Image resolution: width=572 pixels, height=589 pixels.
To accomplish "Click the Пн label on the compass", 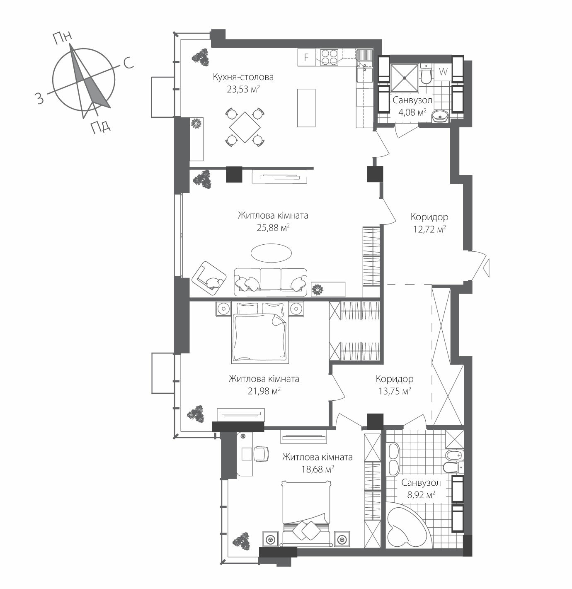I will coord(62,38).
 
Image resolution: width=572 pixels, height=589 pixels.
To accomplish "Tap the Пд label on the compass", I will coord(100,125).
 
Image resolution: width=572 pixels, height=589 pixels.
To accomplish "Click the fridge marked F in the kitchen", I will coord(306,57).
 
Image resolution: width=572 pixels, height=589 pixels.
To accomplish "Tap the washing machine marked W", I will coord(443,71).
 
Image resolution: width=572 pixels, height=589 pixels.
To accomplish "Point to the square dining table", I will coord(245,127).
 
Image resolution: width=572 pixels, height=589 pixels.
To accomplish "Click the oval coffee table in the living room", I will coord(271,252).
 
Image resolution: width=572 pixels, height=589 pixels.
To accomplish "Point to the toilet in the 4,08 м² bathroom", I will coord(425,75).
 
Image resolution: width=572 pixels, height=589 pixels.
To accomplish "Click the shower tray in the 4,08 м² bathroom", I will coord(404,78).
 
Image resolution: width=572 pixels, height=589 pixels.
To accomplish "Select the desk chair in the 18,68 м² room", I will coord(261,453).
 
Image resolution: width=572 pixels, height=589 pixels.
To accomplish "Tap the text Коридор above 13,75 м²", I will coord(394,379).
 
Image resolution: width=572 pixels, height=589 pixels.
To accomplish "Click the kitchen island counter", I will coord(306,107).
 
